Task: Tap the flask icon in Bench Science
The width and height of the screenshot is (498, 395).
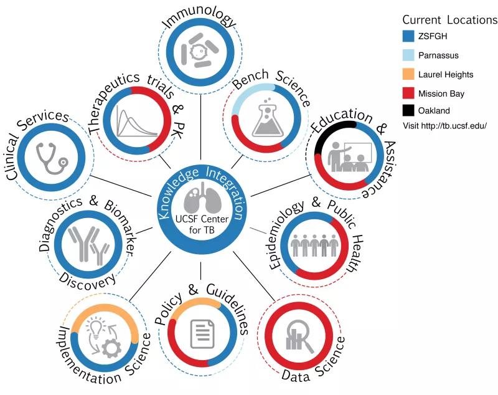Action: pos(268,117)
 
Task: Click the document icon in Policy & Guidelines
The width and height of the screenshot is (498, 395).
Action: pos(202,334)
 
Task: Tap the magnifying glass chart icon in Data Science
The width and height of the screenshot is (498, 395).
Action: pos(299,336)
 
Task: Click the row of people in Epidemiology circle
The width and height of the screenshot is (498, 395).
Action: pos(314,245)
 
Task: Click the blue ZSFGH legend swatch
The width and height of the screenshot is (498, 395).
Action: pos(408,36)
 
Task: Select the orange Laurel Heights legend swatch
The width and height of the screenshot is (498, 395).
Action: pos(408,74)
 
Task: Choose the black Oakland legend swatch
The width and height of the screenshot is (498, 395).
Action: pos(408,110)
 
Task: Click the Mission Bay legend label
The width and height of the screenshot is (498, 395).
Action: pos(441,93)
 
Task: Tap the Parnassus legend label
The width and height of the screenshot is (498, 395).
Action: pos(438,55)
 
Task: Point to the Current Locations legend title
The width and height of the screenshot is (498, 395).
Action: pos(449,20)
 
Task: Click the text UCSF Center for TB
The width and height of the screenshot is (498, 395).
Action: pos(202,224)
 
